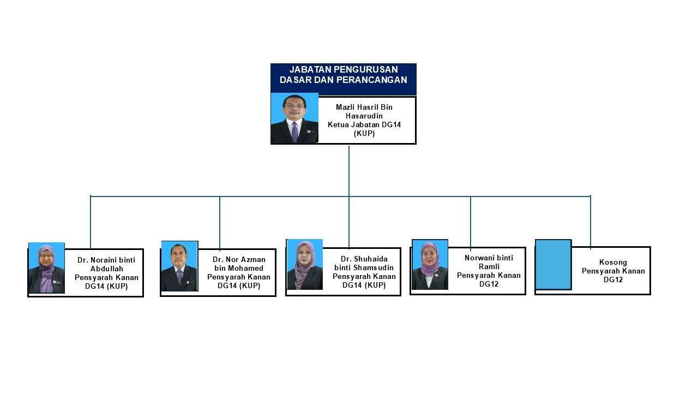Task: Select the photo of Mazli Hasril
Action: tap(294, 118)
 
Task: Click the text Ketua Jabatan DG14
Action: tap(364, 124)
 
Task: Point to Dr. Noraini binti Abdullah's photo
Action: tap(46, 268)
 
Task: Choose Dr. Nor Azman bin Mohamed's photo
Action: tap(179, 266)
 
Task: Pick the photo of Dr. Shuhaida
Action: tap(305, 264)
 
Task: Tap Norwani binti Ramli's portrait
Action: tap(430, 265)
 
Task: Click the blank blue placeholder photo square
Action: tap(553, 264)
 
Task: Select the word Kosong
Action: tap(613, 263)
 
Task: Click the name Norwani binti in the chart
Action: tap(489, 258)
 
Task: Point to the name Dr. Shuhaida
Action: tap(364, 259)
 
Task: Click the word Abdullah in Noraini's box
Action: tap(106, 269)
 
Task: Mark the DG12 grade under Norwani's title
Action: tap(489, 284)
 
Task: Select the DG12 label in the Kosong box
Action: tap(613, 279)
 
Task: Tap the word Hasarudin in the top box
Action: tap(364, 116)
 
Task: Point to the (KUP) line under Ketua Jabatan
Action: tap(364, 133)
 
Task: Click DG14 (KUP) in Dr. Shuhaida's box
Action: tap(364, 285)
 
